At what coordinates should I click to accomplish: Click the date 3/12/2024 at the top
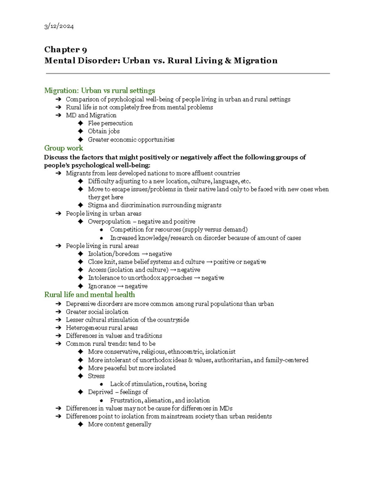coord(59,26)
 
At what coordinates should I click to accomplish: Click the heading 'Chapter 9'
coord(65,50)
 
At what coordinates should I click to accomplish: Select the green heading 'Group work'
coord(64,148)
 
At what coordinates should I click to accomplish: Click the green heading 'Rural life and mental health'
coord(90,294)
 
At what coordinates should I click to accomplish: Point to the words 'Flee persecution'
coord(110,123)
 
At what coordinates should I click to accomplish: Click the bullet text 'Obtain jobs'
coord(104,131)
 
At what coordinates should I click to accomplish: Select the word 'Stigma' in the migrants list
coord(97,205)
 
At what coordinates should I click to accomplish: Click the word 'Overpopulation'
coord(109,221)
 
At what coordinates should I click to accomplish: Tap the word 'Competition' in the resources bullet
coord(127,230)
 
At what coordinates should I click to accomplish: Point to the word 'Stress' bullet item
coord(96,376)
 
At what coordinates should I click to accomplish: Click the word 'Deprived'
coord(100,392)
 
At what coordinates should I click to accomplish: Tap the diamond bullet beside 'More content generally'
coord(81,424)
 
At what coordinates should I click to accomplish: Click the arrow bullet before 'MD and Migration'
coord(59,115)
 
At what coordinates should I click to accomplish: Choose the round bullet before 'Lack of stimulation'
coord(101,384)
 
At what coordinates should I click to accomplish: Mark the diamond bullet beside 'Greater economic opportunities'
coord(81,140)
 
